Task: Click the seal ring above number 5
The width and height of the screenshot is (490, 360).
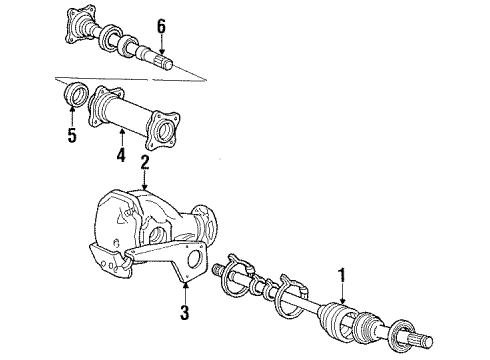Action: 74,96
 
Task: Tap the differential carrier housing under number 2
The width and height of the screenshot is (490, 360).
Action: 150,225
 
